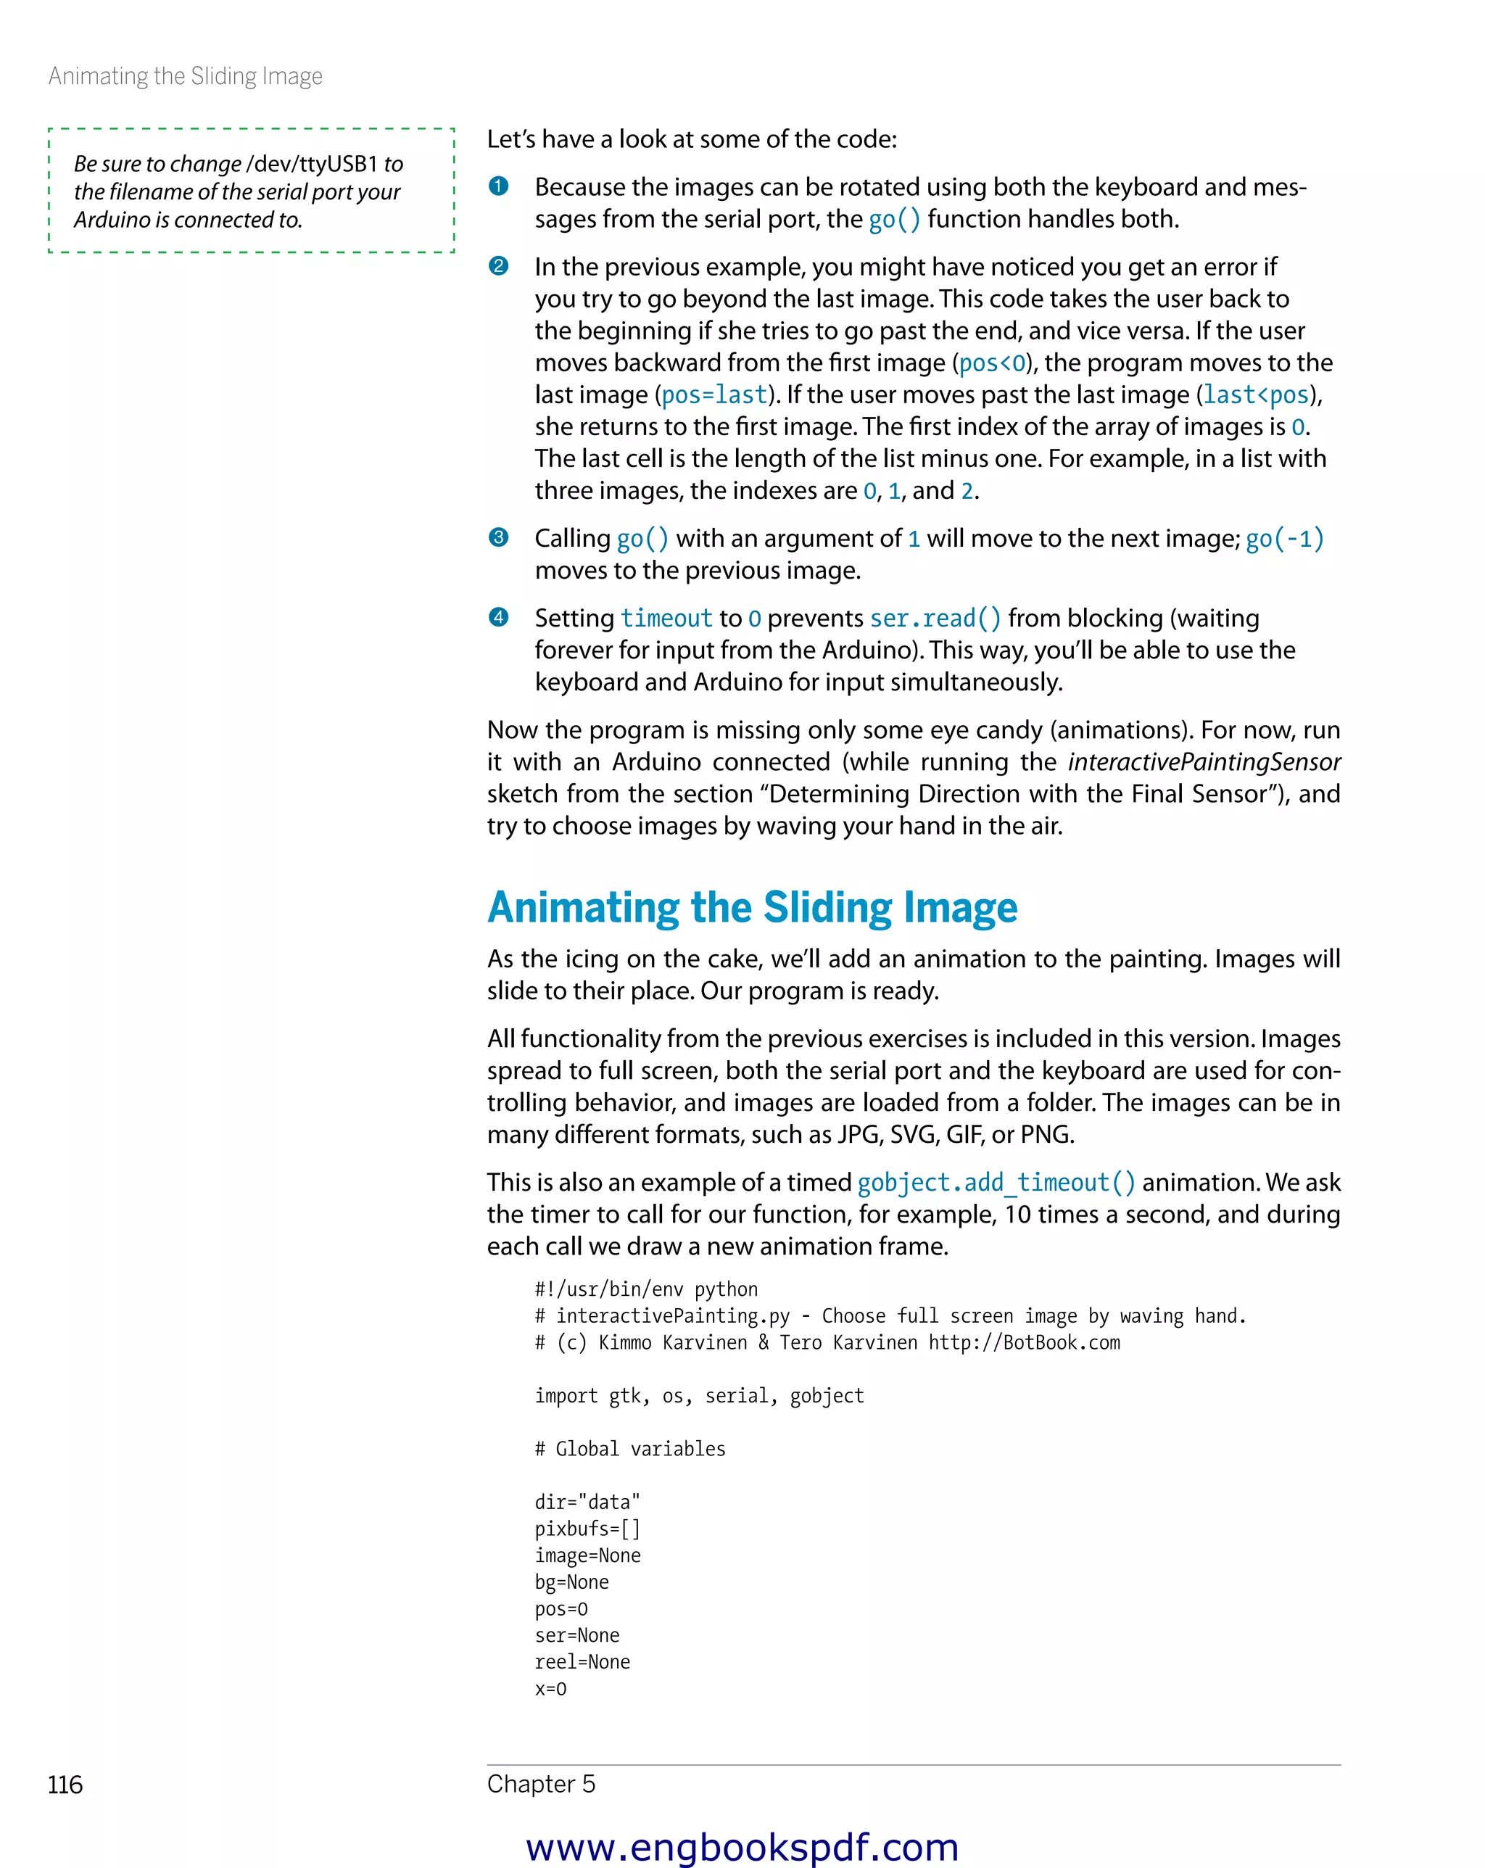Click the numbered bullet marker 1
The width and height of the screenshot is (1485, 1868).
pyautogui.click(x=498, y=186)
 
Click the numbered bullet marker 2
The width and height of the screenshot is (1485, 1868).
pyautogui.click(x=498, y=266)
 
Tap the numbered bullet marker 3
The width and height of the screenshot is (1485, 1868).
pyautogui.click(x=498, y=537)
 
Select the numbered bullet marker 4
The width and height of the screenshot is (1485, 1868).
pyautogui.click(x=498, y=617)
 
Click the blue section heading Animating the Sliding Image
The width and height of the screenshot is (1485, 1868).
pyautogui.click(x=752, y=907)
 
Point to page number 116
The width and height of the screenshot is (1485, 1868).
pyautogui.click(x=65, y=1785)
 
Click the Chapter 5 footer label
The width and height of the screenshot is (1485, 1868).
pyautogui.click(x=541, y=1784)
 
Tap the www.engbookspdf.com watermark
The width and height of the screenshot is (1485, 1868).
pyautogui.click(x=742, y=1846)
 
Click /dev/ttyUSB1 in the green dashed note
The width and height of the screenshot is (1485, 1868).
pyautogui.click(x=312, y=164)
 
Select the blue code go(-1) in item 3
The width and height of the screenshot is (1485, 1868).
pyautogui.click(x=1284, y=539)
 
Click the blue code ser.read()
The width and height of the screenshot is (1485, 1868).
pyautogui.click(x=935, y=619)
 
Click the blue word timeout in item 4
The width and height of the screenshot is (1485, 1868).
pyautogui.click(x=666, y=619)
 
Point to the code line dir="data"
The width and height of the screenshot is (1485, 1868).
pyautogui.click(x=587, y=1502)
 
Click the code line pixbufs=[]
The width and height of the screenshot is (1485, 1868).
pyautogui.click(x=587, y=1529)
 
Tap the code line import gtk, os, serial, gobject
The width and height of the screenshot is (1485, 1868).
pyautogui.click(x=699, y=1395)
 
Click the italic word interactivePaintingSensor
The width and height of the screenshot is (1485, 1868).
pyautogui.click(x=1204, y=761)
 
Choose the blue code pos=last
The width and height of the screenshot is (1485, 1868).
pyautogui.click(x=714, y=395)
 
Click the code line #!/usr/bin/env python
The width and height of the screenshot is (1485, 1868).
pyautogui.click(x=645, y=1289)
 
